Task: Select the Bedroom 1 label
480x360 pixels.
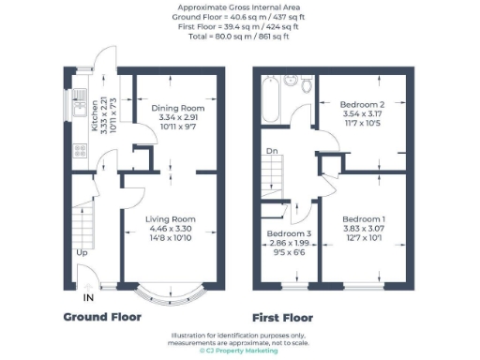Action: pos(362,217)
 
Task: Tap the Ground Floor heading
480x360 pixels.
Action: pos(101,317)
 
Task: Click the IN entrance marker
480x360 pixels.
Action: pos(88,298)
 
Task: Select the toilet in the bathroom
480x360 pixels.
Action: pos(305,85)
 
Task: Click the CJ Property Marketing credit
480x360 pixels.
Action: pos(240,350)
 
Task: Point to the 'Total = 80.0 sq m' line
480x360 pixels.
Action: pos(240,36)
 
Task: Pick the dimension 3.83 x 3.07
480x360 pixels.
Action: pos(362,228)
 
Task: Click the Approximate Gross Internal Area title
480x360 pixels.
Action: pos(240,7)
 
